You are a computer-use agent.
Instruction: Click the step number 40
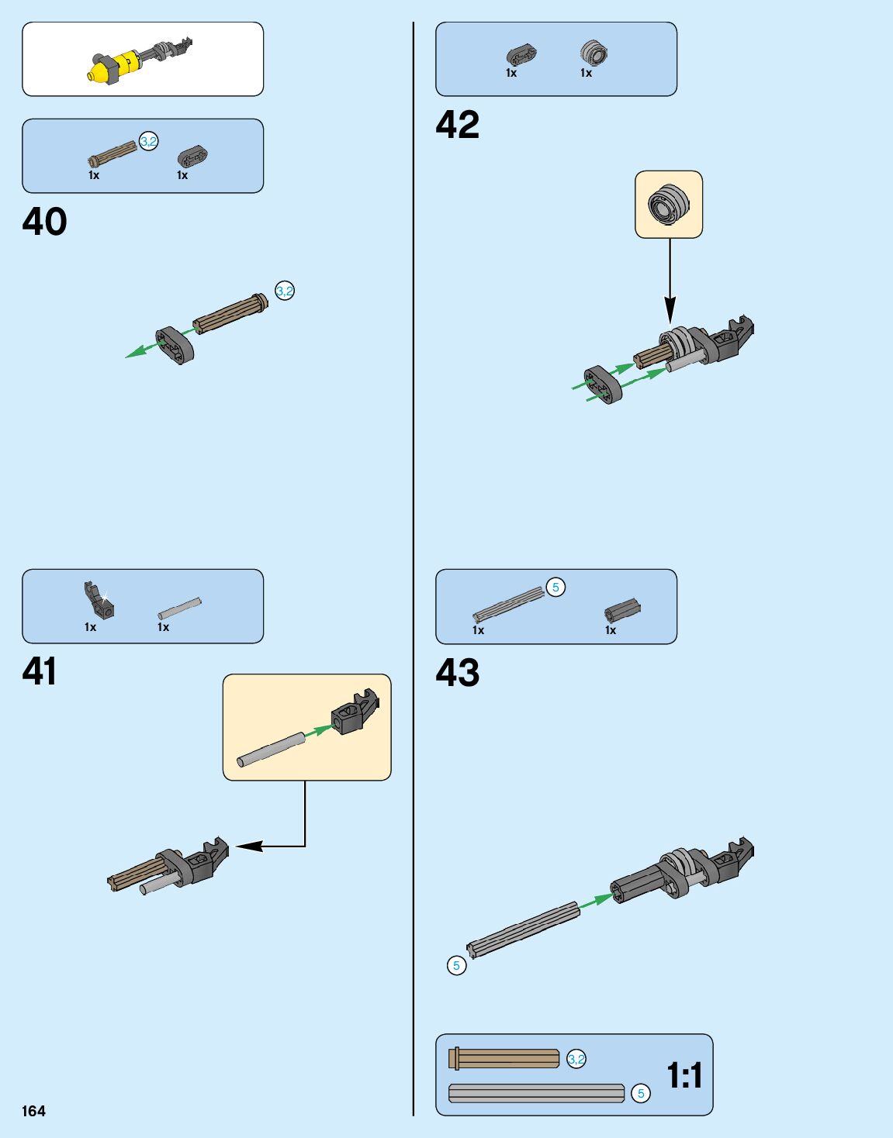click(x=44, y=222)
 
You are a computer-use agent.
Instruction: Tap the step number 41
click(x=40, y=671)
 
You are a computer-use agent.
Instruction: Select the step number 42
click(x=458, y=125)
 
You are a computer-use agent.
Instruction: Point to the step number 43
click(x=458, y=673)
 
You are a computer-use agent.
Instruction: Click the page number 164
click(x=34, y=1111)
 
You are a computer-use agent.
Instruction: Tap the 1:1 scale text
click(x=684, y=1075)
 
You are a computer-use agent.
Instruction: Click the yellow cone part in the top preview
click(x=98, y=72)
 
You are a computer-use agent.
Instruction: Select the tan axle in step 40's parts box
click(x=113, y=153)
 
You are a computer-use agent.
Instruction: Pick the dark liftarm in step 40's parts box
click(x=192, y=156)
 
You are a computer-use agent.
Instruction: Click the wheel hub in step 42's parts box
click(x=594, y=53)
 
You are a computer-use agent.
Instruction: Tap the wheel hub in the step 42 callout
click(x=668, y=205)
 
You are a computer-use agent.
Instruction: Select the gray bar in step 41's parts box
click(x=179, y=609)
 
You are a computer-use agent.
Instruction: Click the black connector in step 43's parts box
click(x=622, y=611)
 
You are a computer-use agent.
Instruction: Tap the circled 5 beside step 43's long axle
click(x=456, y=965)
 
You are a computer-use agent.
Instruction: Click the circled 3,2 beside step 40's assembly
click(x=285, y=291)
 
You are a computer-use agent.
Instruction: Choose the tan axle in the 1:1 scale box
click(x=504, y=1058)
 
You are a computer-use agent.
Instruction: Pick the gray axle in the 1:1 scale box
click(x=537, y=1093)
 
